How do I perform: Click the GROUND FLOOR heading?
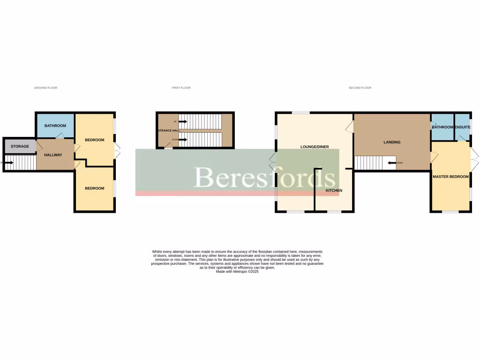pyautogui.click(x=45, y=88)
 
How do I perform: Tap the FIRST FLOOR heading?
pyautogui.click(x=181, y=88)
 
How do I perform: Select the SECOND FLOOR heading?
pyautogui.click(x=360, y=88)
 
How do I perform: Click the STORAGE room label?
pyautogui.click(x=20, y=146)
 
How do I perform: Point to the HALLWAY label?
pyautogui.click(x=53, y=155)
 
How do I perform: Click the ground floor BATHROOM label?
pyautogui.click(x=55, y=126)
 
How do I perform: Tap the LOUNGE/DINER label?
pyautogui.click(x=315, y=147)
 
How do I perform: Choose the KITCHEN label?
pyautogui.click(x=334, y=191)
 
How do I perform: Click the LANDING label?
pyautogui.click(x=392, y=142)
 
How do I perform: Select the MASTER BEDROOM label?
pyautogui.click(x=450, y=177)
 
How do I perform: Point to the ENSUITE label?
pyautogui.click(x=462, y=127)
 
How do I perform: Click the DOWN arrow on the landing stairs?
pyautogui.click(x=392, y=163)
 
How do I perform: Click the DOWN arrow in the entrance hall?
pyautogui.click(x=182, y=139)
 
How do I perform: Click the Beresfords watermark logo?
pyautogui.click(x=265, y=177)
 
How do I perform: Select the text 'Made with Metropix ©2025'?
pyautogui.click(x=237, y=271)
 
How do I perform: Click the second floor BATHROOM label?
pyautogui.click(x=442, y=127)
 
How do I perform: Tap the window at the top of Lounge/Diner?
pyautogui.click(x=300, y=112)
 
